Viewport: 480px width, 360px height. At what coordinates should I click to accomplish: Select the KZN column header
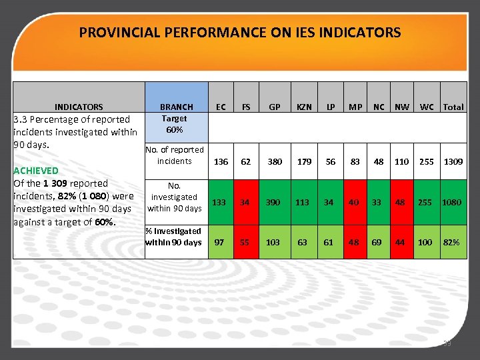303,107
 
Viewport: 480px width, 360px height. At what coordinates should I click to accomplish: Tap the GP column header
273,107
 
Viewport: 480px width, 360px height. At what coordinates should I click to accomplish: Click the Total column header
453,107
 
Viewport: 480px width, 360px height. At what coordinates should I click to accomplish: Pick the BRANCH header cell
176,107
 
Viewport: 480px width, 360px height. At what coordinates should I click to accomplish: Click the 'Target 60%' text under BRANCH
175,124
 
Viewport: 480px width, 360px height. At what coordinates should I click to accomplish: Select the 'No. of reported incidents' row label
175,155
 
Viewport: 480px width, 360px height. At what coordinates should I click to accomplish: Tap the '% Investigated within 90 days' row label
173,237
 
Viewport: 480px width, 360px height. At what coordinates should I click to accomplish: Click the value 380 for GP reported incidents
273,161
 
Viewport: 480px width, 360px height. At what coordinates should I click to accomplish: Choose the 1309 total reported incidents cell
453,161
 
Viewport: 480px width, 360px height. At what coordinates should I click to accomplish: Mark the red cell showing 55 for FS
245,243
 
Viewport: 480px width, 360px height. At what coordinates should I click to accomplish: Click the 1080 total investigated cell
451,202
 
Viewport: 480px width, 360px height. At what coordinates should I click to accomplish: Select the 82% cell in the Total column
452,243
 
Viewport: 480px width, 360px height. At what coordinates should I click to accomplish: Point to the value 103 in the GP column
273,243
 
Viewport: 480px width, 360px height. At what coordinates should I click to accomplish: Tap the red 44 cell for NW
402,243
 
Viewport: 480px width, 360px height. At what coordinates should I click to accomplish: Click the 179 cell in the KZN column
305,161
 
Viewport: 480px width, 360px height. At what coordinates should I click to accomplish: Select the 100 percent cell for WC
425,243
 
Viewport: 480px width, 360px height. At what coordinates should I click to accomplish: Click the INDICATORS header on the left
79,107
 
